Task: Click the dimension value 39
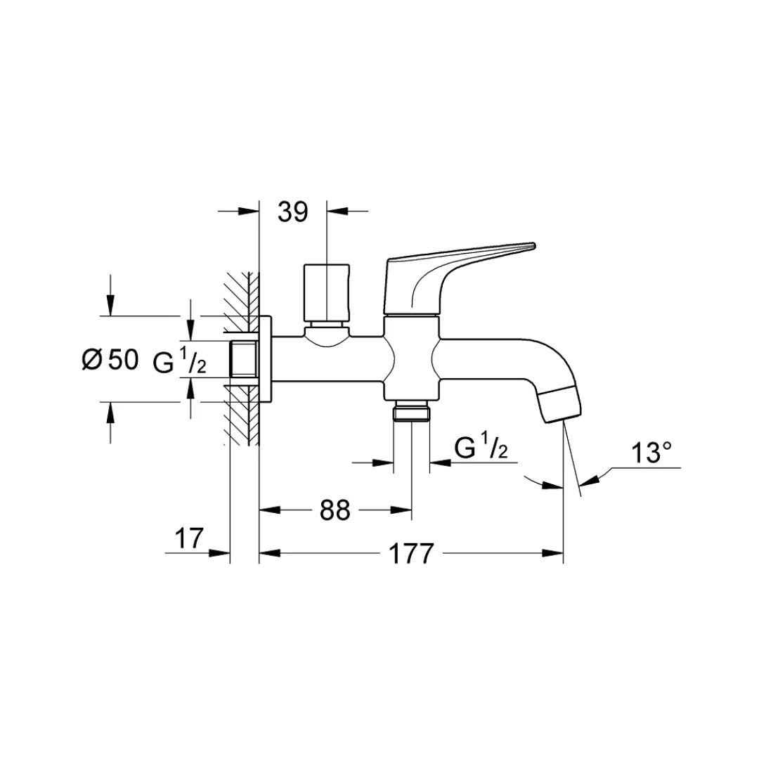(293, 212)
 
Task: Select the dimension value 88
(335, 511)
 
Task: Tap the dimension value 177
(411, 554)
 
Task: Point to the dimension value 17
(188, 539)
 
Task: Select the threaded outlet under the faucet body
(411, 411)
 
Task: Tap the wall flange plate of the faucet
(265, 359)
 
